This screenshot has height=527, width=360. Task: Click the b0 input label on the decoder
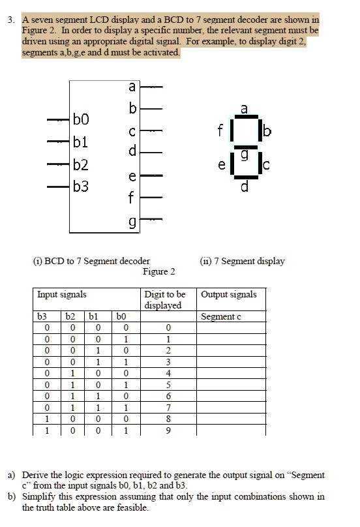(81, 119)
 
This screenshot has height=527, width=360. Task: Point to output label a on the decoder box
(132, 85)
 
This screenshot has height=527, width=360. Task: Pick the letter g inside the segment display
(244, 153)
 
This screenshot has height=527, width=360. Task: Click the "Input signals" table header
(61, 294)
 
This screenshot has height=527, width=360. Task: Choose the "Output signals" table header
(229, 294)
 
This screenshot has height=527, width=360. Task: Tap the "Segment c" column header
(221, 316)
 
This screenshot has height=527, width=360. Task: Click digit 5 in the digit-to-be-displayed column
(169, 385)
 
